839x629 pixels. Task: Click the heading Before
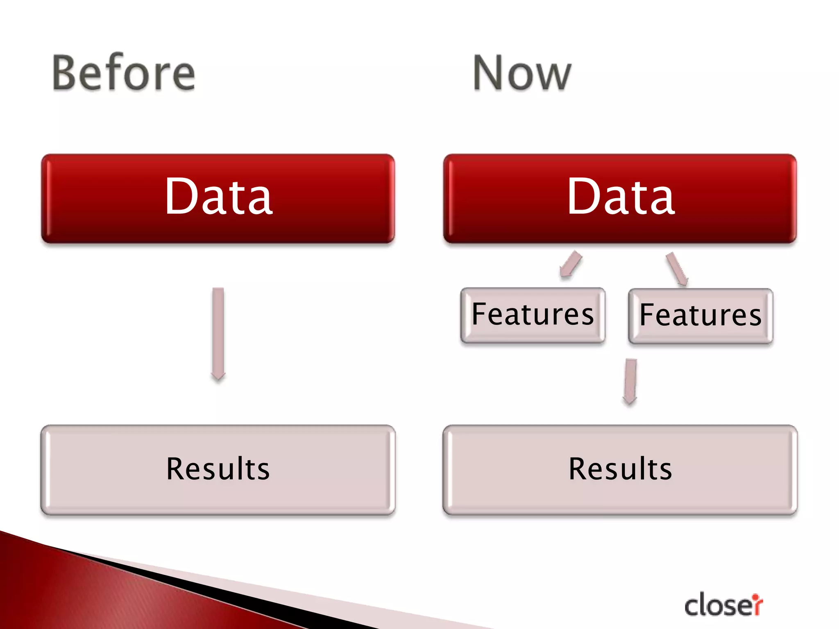124,74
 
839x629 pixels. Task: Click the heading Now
522,74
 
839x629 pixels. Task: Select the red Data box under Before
218,199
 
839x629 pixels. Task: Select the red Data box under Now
620,199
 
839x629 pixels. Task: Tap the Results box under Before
218,470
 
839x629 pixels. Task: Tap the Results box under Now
620,470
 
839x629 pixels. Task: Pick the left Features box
533,315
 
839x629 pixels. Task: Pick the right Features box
701,316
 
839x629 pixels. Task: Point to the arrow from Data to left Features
571,265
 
